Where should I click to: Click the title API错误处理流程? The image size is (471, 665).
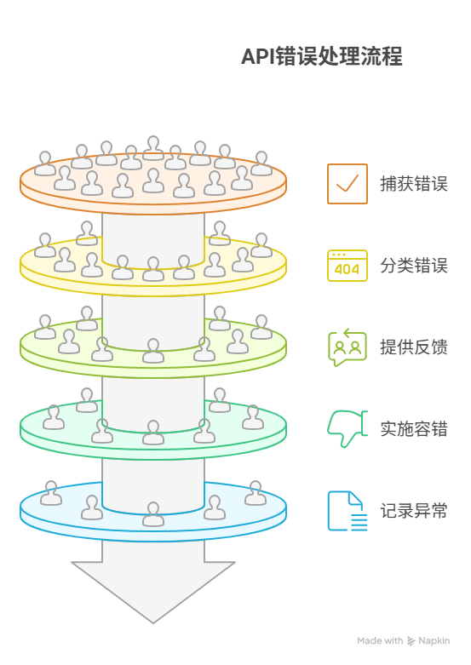click(x=321, y=57)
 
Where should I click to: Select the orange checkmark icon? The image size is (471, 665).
click(x=347, y=184)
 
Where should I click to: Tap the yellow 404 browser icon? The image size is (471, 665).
click(x=347, y=266)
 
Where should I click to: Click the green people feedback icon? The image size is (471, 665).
click(x=347, y=347)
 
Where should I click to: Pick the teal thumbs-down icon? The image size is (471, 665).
click(x=346, y=428)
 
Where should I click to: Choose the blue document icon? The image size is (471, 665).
click(x=347, y=511)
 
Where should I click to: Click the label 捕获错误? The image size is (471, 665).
click(x=413, y=184)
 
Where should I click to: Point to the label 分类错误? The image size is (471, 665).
click(x=413, y=266)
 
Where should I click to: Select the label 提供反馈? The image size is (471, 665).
click(x=413, y=347)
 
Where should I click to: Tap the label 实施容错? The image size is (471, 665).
click(x=413, y=429)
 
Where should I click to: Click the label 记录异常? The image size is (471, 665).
click(x=413, y=511)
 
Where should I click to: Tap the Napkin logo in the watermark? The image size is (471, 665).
click(x=411, y=641)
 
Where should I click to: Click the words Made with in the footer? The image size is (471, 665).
click(x=380, y=641)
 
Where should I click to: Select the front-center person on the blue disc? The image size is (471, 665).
click(x=153, y=514)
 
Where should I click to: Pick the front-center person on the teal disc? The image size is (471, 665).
click(x=153, y=433)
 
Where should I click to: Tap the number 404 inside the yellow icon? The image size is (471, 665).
click(x=347, y=270)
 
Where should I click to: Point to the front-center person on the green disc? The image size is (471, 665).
click(x=153, y=351)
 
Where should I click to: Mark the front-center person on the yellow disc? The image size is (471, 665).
click(x=153, y=269)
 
